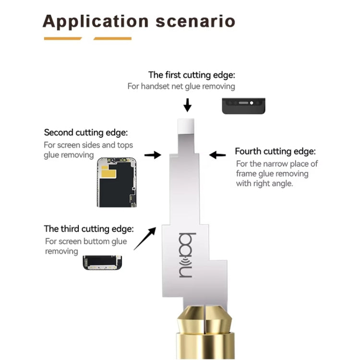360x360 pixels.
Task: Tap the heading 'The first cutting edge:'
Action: click(x=192, y=75)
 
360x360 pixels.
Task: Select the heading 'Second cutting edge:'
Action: click(x=86, y=132)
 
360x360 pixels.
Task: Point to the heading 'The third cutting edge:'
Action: click(x=89, y=229)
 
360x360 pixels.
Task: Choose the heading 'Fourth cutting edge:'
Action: click(x=275, y=152)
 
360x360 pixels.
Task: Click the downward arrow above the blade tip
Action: click(x=188, y=105)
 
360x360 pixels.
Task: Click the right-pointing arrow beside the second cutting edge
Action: click(x=153, y=155)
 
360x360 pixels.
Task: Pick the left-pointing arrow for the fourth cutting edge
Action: click(x=218, y=155)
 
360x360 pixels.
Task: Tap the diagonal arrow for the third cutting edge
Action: click(x=145, y=239)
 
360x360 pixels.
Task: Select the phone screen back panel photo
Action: click(x=116, y=181)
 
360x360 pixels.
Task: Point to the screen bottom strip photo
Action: click(x=102, y=262)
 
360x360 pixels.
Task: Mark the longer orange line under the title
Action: click(x=112, y=38)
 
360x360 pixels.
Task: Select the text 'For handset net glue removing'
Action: click(x=181, y=86)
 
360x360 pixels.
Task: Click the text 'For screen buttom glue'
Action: click(x=86, y=241)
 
